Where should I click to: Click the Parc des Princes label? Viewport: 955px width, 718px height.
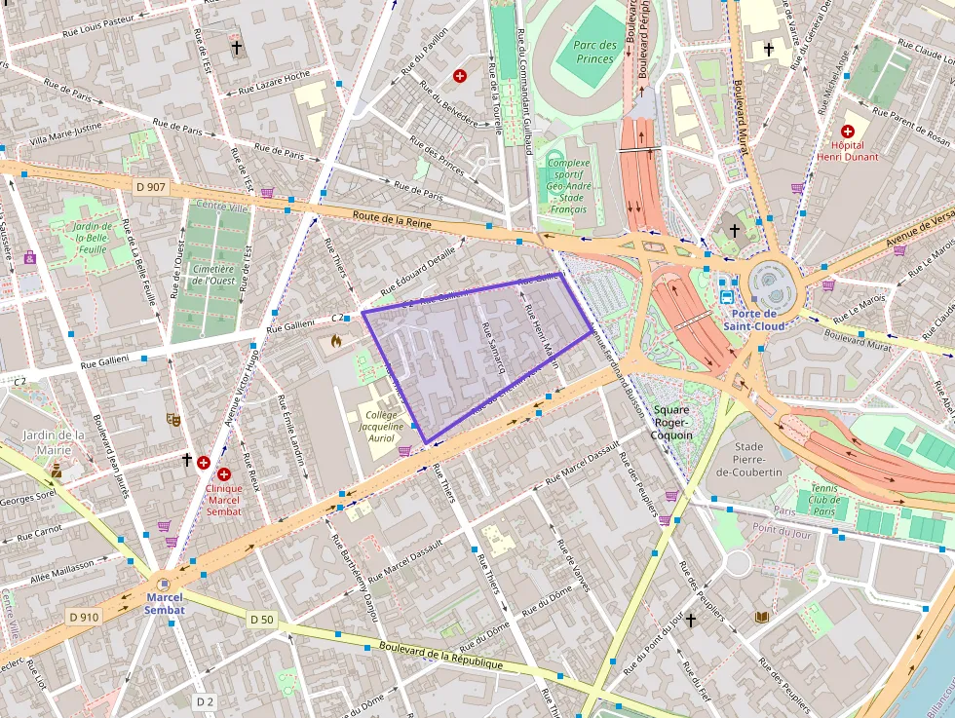click(x=594, y=52)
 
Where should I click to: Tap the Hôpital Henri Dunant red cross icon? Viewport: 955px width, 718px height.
click(x=848, y=132)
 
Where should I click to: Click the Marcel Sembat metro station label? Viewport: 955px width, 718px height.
click(x=164, y=603)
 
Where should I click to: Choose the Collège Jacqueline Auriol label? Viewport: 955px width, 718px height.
click(x=381, y=426)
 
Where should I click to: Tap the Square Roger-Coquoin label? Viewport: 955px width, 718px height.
click(x=672, y=423)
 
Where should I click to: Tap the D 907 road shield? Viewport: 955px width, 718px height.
click(x=150, y=186)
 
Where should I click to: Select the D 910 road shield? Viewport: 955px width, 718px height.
click(x=85, y=617)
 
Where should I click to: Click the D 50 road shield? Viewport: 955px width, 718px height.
click(x=261, y=619)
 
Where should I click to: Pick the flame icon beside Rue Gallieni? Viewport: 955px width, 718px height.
click(x=336, y=341)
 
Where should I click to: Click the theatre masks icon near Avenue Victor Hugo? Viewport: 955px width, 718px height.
click(x=173, y=419)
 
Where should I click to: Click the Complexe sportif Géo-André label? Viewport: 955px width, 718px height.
click(x=568, y=186)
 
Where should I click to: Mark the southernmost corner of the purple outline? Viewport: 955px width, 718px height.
click(x=426, y=443)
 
